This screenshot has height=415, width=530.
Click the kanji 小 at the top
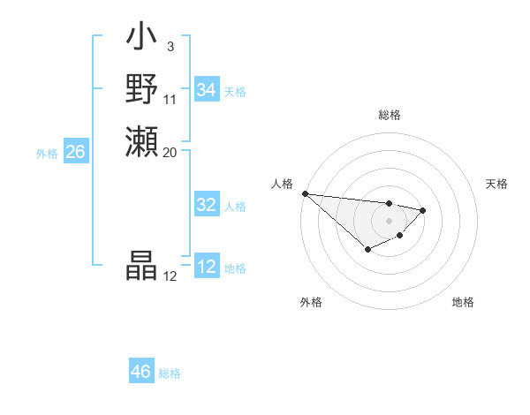(x=142, y=39)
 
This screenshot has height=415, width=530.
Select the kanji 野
(x=142, y=89)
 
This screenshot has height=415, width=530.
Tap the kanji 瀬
(x=142, y=141)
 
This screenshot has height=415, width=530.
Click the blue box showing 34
(x=206, y=90)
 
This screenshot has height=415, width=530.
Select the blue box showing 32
(x=206, y=205)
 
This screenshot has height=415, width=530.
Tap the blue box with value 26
(x=75, y=152)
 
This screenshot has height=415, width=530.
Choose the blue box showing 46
(x=141, y=372)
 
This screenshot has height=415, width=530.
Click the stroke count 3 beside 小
(x=170, y=47)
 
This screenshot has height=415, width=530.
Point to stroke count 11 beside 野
(x=170, y=99)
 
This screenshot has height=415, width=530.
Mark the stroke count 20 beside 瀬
(x=170, y=152)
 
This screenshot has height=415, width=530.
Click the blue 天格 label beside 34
(x=235, y=91)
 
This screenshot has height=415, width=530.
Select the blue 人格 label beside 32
(x=235, y=206)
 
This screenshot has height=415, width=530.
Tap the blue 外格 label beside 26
(x=47, y=153)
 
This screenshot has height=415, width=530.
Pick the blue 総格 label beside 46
(x=170, y=373)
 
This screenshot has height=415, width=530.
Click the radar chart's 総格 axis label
(x=389, y=115)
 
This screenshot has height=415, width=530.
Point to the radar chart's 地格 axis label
(x=463, y=302)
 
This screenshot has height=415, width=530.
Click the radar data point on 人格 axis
(x=304, y=193)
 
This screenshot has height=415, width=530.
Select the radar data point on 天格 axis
(x=423, y=210)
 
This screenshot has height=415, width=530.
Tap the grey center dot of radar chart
(x=389, y=221)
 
